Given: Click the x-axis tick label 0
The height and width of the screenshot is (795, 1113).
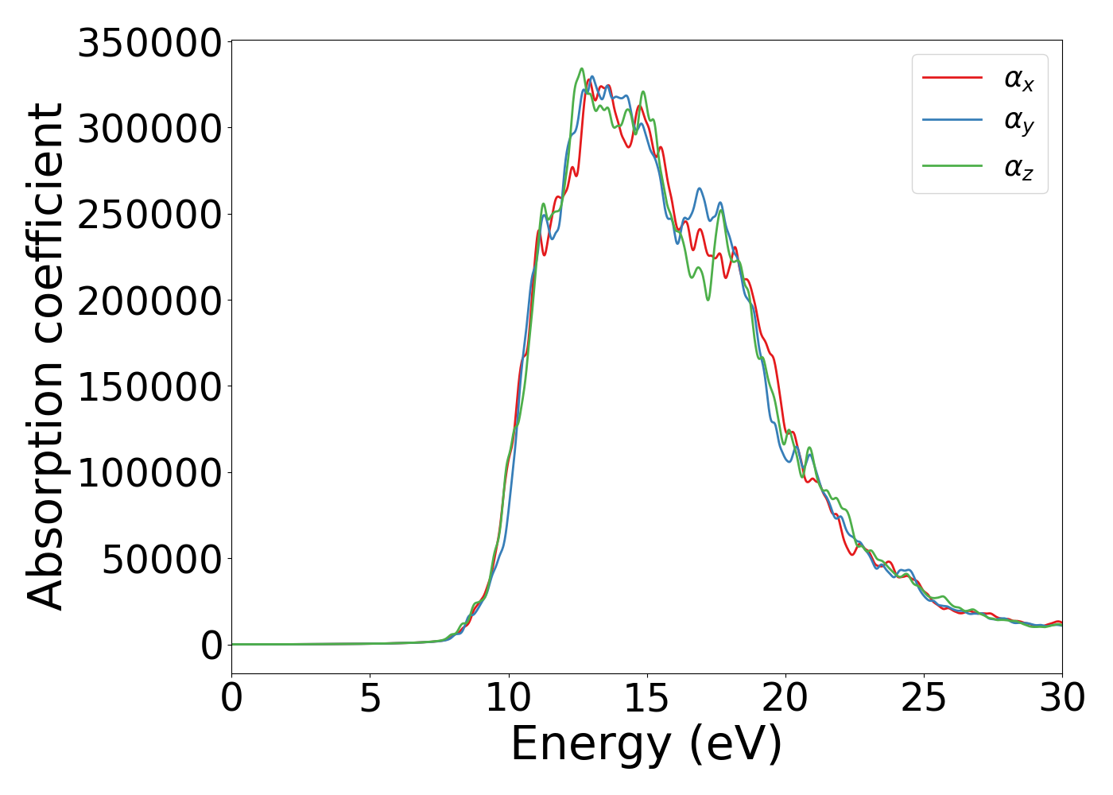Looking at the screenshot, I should click(x=231, y=699).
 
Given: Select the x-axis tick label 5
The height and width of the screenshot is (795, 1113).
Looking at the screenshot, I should click(x=370, y=699).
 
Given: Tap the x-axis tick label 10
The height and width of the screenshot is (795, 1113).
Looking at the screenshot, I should click(x=508, y=699).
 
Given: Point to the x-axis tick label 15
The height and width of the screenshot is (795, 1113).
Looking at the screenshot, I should click(x=646, y=699).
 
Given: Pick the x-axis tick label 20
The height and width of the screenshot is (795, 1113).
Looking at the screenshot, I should click(x=785, y=699).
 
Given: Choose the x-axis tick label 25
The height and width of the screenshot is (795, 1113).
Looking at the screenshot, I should click(x=924, y=699).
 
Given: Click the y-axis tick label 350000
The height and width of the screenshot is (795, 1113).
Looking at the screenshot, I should click(x=149, y=43).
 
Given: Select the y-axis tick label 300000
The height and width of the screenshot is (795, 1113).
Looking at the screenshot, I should click(x=149, y=129).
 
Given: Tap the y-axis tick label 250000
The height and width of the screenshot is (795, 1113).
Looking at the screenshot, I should click(x=149, y=215).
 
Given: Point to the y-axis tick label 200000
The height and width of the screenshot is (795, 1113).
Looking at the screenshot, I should click(x=149, y=301).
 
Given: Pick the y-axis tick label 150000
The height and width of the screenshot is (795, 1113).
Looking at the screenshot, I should click(x=149, y=387).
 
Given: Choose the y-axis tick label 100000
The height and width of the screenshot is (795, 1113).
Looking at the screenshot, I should click(x=149, y=473).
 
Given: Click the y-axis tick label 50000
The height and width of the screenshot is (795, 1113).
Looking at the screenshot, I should click(x=161, y=560).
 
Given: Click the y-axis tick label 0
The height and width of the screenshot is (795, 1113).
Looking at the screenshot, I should click(x=211, y=646).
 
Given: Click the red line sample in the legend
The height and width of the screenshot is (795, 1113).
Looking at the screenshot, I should click(x=952, y=78).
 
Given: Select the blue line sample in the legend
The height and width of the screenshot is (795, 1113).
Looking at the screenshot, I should click(x=952, y=121).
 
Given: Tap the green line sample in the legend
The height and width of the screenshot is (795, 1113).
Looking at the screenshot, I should click(x=952, y=166).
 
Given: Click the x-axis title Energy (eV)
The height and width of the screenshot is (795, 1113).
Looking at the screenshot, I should click(x=646, y=745).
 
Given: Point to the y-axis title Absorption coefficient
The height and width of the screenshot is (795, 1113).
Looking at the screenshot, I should click(x=46, y=356).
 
